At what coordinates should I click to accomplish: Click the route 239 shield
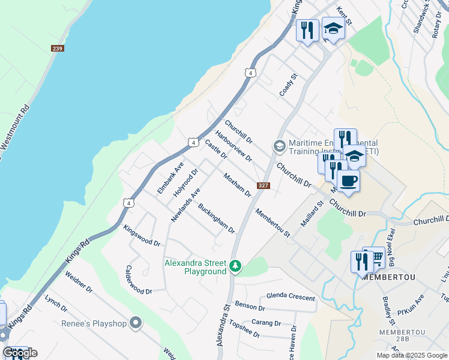(x=58, y=48)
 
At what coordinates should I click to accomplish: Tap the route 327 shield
(x=263, y=185)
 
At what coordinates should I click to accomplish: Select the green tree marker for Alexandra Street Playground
(x=236, y=265)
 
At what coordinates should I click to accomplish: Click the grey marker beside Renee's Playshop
(x=136, y=323)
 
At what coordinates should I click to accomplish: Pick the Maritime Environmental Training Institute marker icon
(x=279, y=146)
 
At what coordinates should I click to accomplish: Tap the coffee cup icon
(x=348, y=181)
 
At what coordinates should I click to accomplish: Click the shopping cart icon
(x=376, y=257)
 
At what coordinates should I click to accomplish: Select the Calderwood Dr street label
(x=139, y=280)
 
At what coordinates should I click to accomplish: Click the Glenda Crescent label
(x=290, y=297)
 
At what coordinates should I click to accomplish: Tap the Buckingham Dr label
(x=216, y=218)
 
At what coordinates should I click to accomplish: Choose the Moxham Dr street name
(x=237, y=185)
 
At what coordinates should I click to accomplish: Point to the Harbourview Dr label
(x=233, y=146)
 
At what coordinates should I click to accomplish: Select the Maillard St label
(x=312, y=214)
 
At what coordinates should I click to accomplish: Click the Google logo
(x=20, y=353)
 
